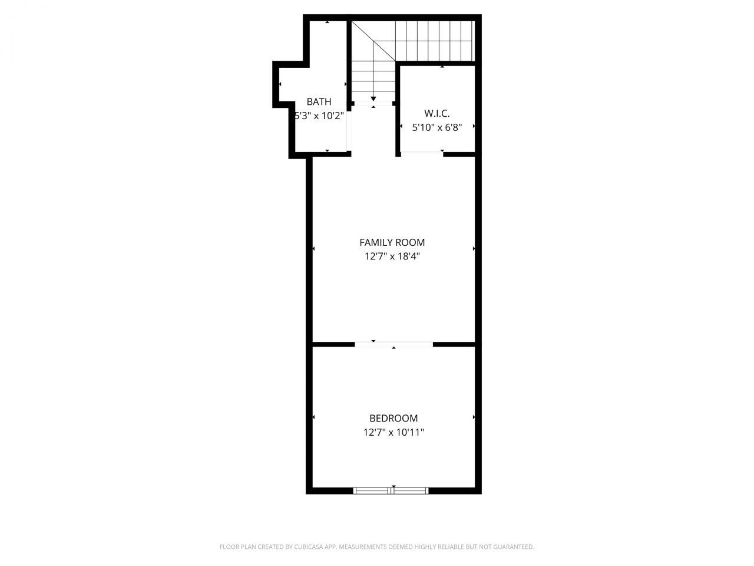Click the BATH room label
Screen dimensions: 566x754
(x=319, y=101)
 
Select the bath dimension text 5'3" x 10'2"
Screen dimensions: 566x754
(x=319, y=116)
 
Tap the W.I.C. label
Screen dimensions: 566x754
(x=436, y=113)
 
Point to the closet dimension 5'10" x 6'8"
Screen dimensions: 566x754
(x=436, y=127)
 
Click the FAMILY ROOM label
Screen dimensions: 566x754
(x=392, y=242)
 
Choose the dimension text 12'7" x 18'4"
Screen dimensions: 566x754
(x=392, y=256)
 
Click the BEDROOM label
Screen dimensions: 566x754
(x=393, y=418)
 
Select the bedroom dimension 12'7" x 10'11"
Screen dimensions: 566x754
(x=393, y=432)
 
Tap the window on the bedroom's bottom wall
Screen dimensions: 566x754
(x=391, y=490)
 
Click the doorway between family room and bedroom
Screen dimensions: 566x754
(x=393, y=344)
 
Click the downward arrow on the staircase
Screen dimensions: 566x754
(x=373, y=98)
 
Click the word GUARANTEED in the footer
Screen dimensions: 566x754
(x=511, y=547)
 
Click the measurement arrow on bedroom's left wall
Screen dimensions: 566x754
(x=313, y=417)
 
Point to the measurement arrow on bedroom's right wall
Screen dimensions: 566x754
(x=474, y=417)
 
